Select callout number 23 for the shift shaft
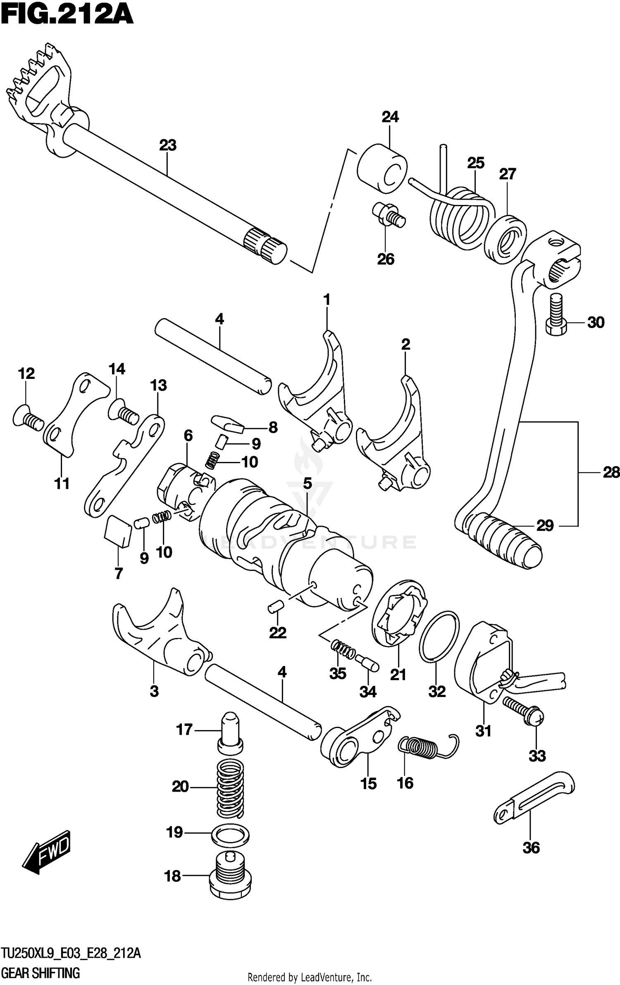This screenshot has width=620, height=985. click(168, 145)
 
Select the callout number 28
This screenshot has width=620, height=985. click(611, 472)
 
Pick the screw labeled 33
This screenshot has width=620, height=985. click(523, 711)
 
